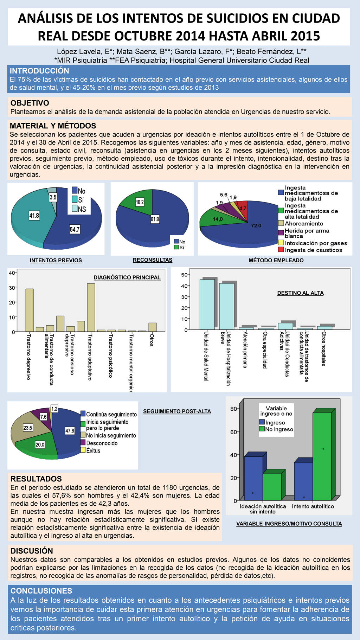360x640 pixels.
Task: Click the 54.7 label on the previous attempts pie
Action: pyautogui.click(x=75, y=230)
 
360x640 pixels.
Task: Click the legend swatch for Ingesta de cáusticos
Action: pyautogui.click(x=281, y=250)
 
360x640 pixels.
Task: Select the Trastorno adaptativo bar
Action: pyautogui.click(x=91, y=307)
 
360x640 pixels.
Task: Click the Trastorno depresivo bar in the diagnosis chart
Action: pyautogui.click(x=30, y=310)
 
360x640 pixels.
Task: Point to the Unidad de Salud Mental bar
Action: pyautogui.click(x=207, y=305)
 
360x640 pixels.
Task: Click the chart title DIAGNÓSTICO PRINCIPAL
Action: pyautogui.click(x=127, y=277)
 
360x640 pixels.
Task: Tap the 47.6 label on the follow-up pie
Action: pyautogui.click(x=70, y=431)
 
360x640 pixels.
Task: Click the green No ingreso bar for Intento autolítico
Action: pyautogui.click(x=322, y=456)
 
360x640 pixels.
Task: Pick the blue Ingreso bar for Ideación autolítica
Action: pyautogui.click(x=253, y=478)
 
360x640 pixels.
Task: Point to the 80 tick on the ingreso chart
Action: pyautogui.click(x=234, y=409)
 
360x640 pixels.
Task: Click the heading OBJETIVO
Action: pyautogui.click(x=30, y=103)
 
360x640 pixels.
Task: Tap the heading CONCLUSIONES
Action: pyautogui.click(x=41, y=591)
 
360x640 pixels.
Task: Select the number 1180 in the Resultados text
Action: pyautogui.click(x=171, y=488)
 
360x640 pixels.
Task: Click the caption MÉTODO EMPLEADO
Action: pyautogui.click(x=276, y=260)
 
